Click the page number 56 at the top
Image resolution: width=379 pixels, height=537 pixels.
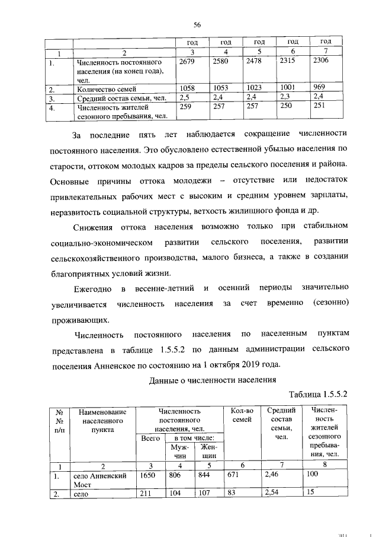pyautogui.click(x=197, y=24)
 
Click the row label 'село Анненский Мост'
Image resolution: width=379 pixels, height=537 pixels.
pyautogui.click(x=99, y=479)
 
